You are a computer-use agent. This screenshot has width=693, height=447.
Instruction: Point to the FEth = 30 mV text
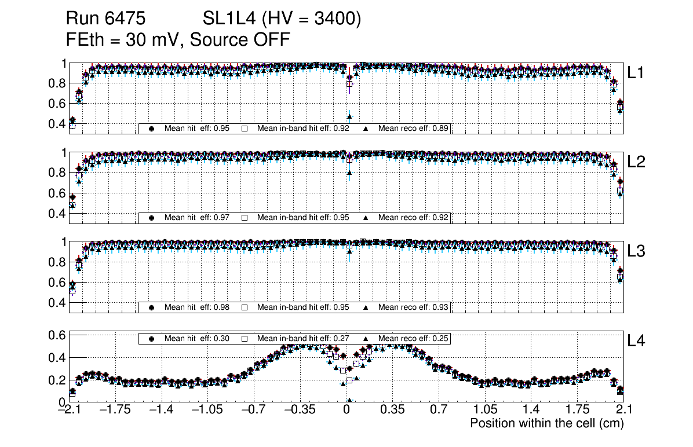[123, 39]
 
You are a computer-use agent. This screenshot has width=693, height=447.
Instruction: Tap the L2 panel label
[636, 162]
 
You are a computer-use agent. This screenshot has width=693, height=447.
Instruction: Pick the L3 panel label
[636, 251]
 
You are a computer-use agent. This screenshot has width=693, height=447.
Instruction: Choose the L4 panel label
[636, 341]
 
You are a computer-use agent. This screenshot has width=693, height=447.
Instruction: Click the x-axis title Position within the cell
[546, 423]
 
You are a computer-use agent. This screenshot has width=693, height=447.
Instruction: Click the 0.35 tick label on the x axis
[392, 411]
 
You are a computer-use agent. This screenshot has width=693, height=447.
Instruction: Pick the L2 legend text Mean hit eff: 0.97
[194, 218]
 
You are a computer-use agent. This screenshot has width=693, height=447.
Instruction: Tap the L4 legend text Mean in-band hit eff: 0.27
[303, 338]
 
